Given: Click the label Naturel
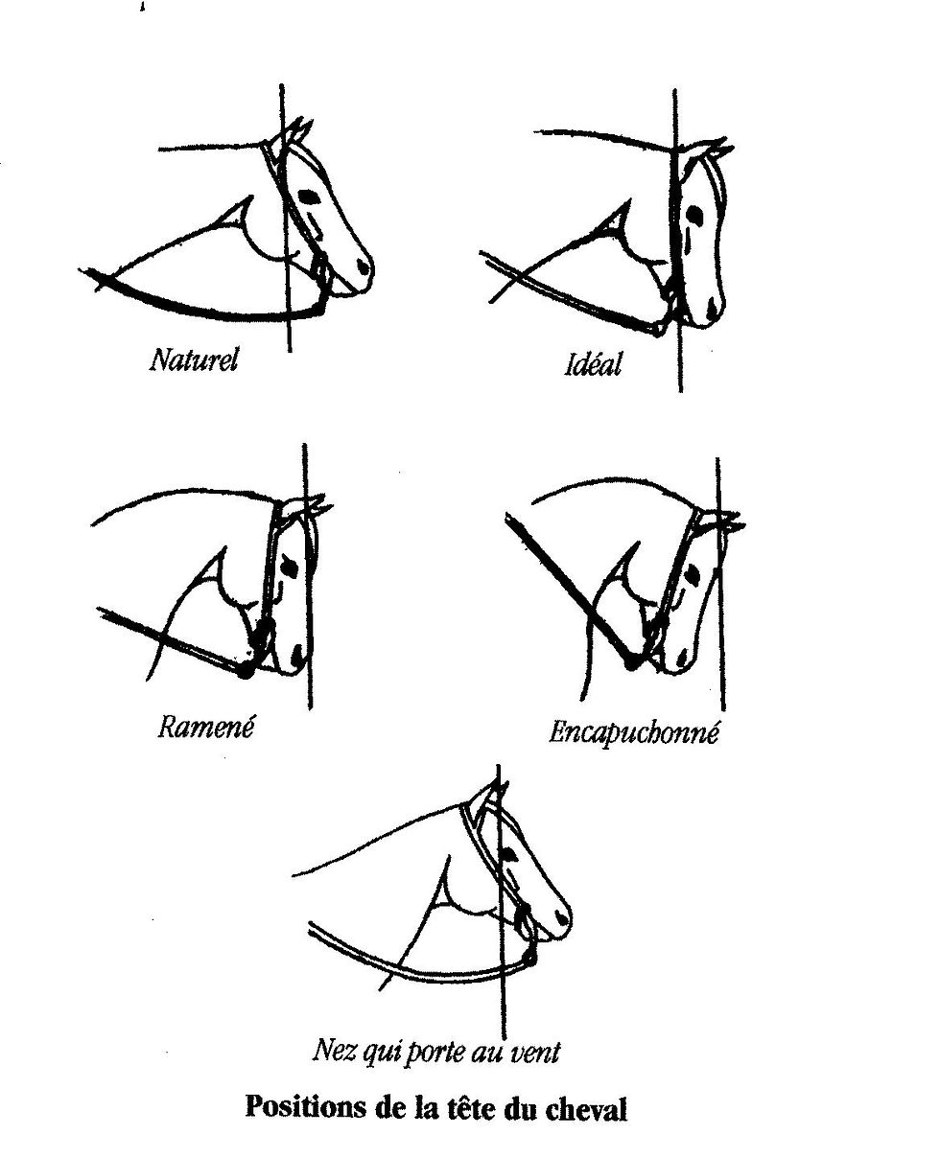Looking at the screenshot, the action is pyautogui.click(x=193, y=359).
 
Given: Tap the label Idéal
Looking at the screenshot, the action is pyautogui.click(x=593, y=364).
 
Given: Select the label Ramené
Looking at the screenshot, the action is pyautogui.click(x=206, y=726).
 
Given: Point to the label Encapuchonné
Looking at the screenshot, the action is pyautogui.click(x=633, y=733).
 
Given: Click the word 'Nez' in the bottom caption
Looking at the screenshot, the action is pyautogui.click(x=332, y=1052).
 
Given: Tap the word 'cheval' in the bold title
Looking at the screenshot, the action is pyautogui.click(x=586, y=1109).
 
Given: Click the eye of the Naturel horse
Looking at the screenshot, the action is pyautogui.click(x=309, y=197).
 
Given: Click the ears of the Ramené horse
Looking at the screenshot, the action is pyautogui.click(x=314, y=507).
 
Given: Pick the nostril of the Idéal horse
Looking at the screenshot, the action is pyautogui.click(x=711, y=308).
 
